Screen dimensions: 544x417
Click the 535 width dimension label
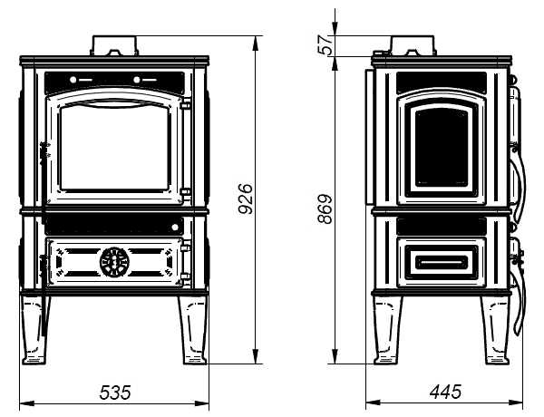click(115, 393)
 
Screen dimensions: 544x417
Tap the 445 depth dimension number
click(445, 392)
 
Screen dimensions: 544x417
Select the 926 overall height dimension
click(246, 199)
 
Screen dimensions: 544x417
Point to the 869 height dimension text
click(325, 208)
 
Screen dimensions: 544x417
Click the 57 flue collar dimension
click(325, 44)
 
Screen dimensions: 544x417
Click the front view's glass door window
click(115, 148)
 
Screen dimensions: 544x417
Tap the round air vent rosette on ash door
click(114, 262)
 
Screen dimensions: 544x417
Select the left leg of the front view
click(35, 330)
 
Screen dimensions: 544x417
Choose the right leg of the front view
click(193, 330)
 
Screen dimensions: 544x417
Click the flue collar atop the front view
click(114, 45)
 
